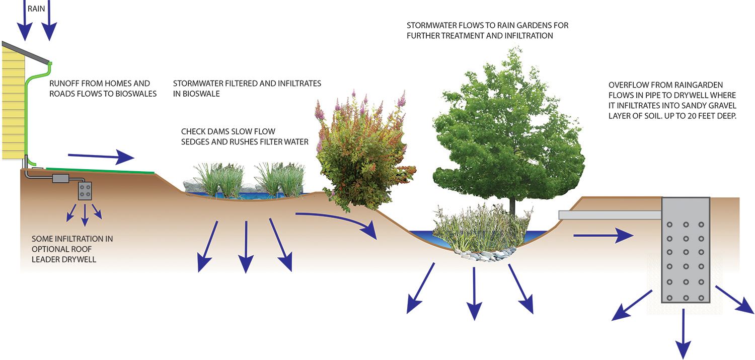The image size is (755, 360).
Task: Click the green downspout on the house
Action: click(27, 116)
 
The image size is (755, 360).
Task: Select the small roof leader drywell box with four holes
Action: click(85, 191)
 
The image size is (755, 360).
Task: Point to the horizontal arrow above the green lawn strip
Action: click(101, 157)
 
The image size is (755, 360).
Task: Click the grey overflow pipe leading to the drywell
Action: click(609, 215)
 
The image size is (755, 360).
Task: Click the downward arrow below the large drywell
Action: click(683, 332)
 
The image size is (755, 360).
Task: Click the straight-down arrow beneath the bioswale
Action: click(246, 247)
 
